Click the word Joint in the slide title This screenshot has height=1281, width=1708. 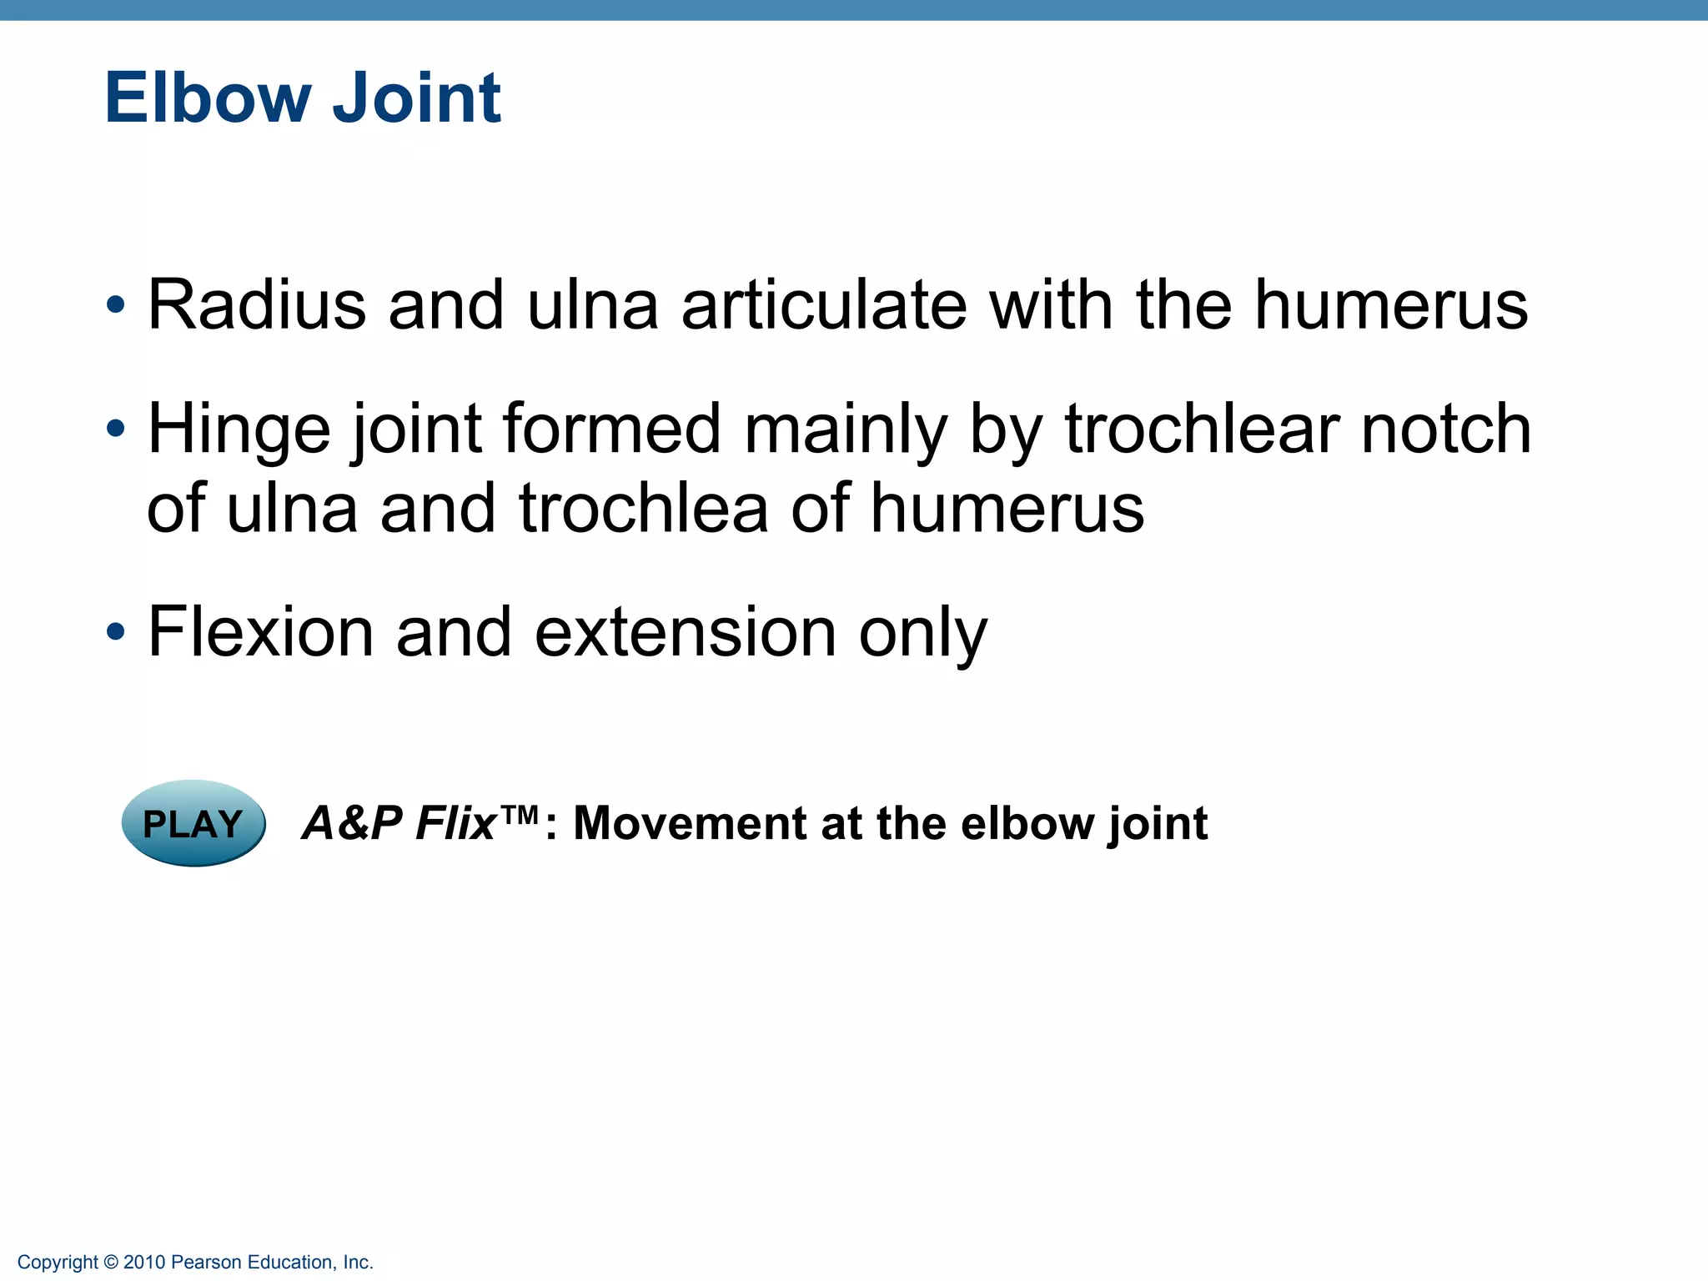[416, 98]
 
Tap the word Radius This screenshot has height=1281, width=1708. [257, 305]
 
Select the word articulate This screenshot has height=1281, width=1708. [824, 305]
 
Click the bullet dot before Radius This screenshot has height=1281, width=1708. [115, 305]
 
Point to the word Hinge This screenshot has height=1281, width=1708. [239, 430]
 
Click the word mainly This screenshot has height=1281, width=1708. [845, 430]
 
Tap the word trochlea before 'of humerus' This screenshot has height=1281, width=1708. [643, 509]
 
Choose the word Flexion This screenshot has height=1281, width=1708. [260, 633]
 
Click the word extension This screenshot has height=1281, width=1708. [685, 633]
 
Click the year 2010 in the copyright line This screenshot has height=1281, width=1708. [143, 1263]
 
